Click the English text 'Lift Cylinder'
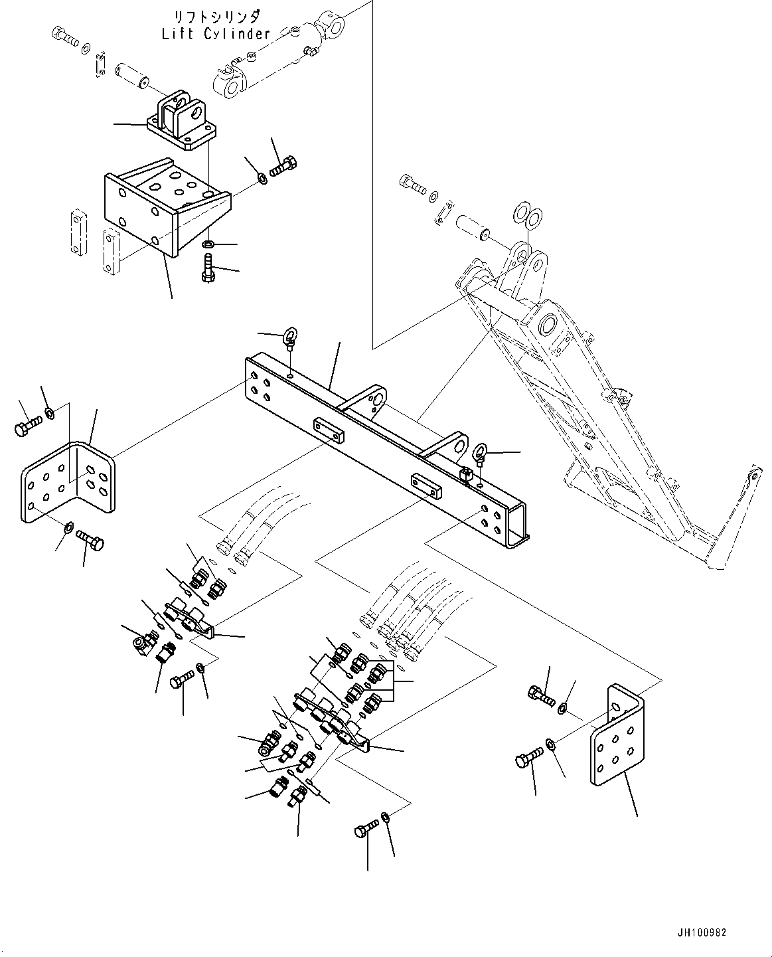tap(216, 34)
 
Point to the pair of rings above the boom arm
tap(528, 215)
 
